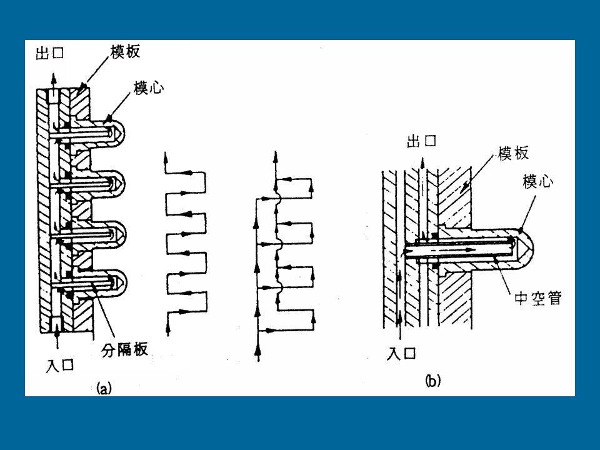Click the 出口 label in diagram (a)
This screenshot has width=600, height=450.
[x=50, y=53]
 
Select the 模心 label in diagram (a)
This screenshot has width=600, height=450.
[x=149, y=88]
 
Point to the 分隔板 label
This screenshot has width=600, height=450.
[x=125, y=350]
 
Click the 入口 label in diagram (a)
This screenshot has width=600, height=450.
[x=59, y=365]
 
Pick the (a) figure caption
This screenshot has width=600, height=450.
[x=104, y=388]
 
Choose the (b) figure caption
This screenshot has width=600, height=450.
[x=432, y=381]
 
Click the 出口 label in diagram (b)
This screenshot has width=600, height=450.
[x=421, y=141]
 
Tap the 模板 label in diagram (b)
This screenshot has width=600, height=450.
[x=513, y=153]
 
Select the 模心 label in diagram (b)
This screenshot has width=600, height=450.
[x=537, y=181]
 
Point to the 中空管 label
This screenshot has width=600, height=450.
[x=537, y=297]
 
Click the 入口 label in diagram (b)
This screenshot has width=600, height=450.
[x=401, y=352]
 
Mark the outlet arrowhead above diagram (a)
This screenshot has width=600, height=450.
[x=54, y=77]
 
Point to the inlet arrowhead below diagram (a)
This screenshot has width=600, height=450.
[x=57, y=334]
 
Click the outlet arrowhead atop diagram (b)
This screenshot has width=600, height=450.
[x=422, y=163]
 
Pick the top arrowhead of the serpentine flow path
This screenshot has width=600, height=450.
[x=166, y=156]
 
